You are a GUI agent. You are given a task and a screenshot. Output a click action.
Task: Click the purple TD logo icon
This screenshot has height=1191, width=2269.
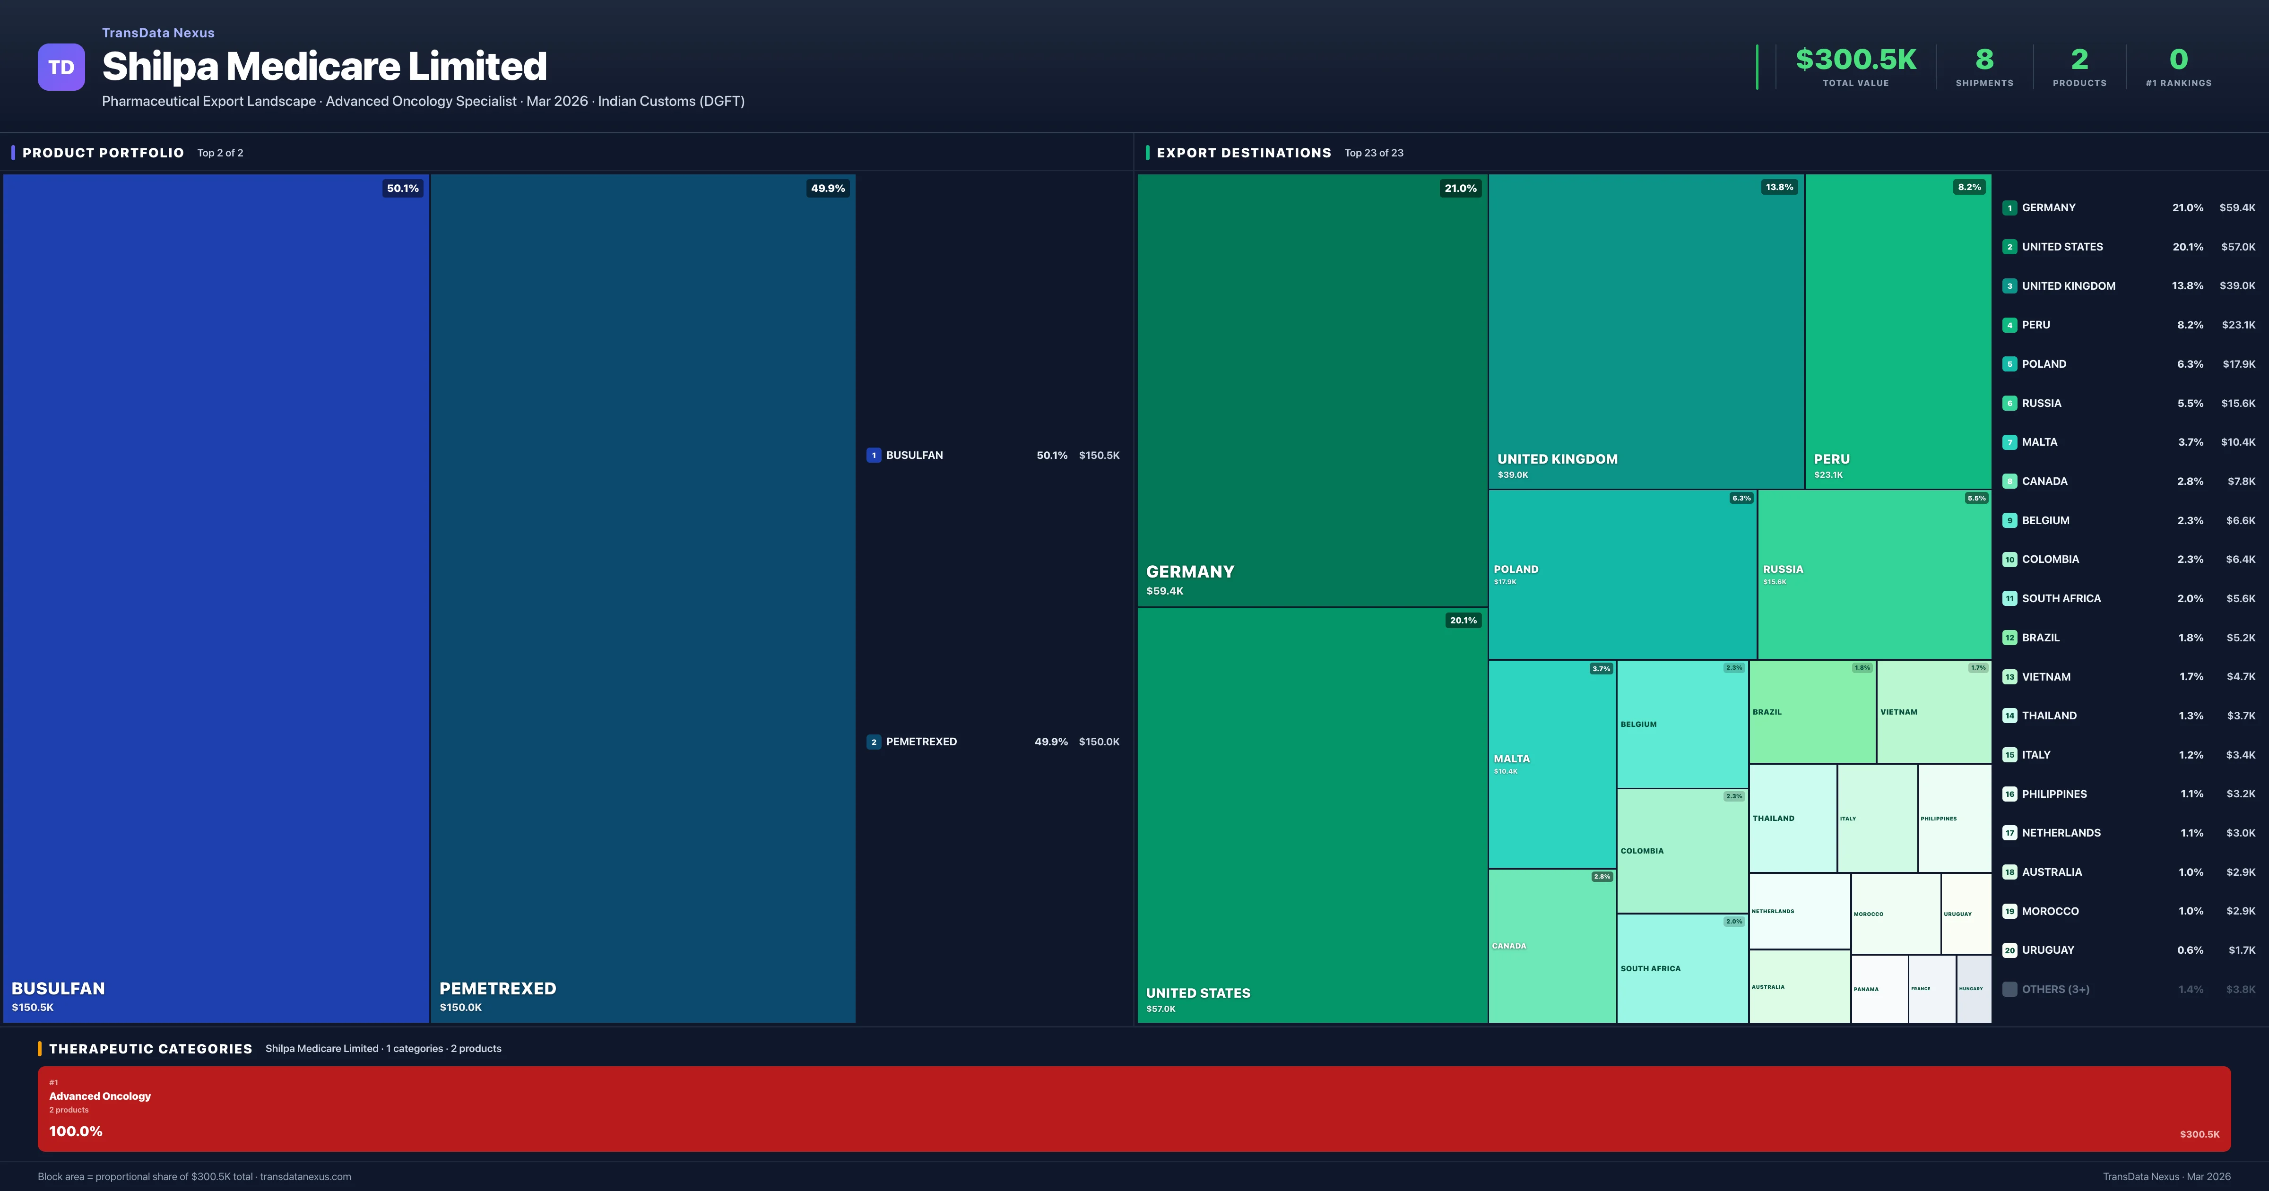[61, 67]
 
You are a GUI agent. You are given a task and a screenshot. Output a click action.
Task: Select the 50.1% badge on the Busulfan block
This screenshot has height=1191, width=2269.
[403, 189]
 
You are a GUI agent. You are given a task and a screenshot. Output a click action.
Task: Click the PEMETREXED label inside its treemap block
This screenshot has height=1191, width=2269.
[498, 988]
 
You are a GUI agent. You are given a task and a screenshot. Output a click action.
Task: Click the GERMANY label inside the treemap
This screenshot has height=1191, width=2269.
[1189, 572]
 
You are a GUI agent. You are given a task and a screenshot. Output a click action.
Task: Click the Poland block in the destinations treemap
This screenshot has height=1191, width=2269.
[1621, 573]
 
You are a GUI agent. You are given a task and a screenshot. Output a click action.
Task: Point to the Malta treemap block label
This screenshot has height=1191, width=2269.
[1512, 759]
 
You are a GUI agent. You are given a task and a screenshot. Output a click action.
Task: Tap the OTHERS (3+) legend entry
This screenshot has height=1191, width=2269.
[2055, 989]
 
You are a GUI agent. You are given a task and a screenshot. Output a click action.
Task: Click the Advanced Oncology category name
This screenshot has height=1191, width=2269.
[100, 1096]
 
